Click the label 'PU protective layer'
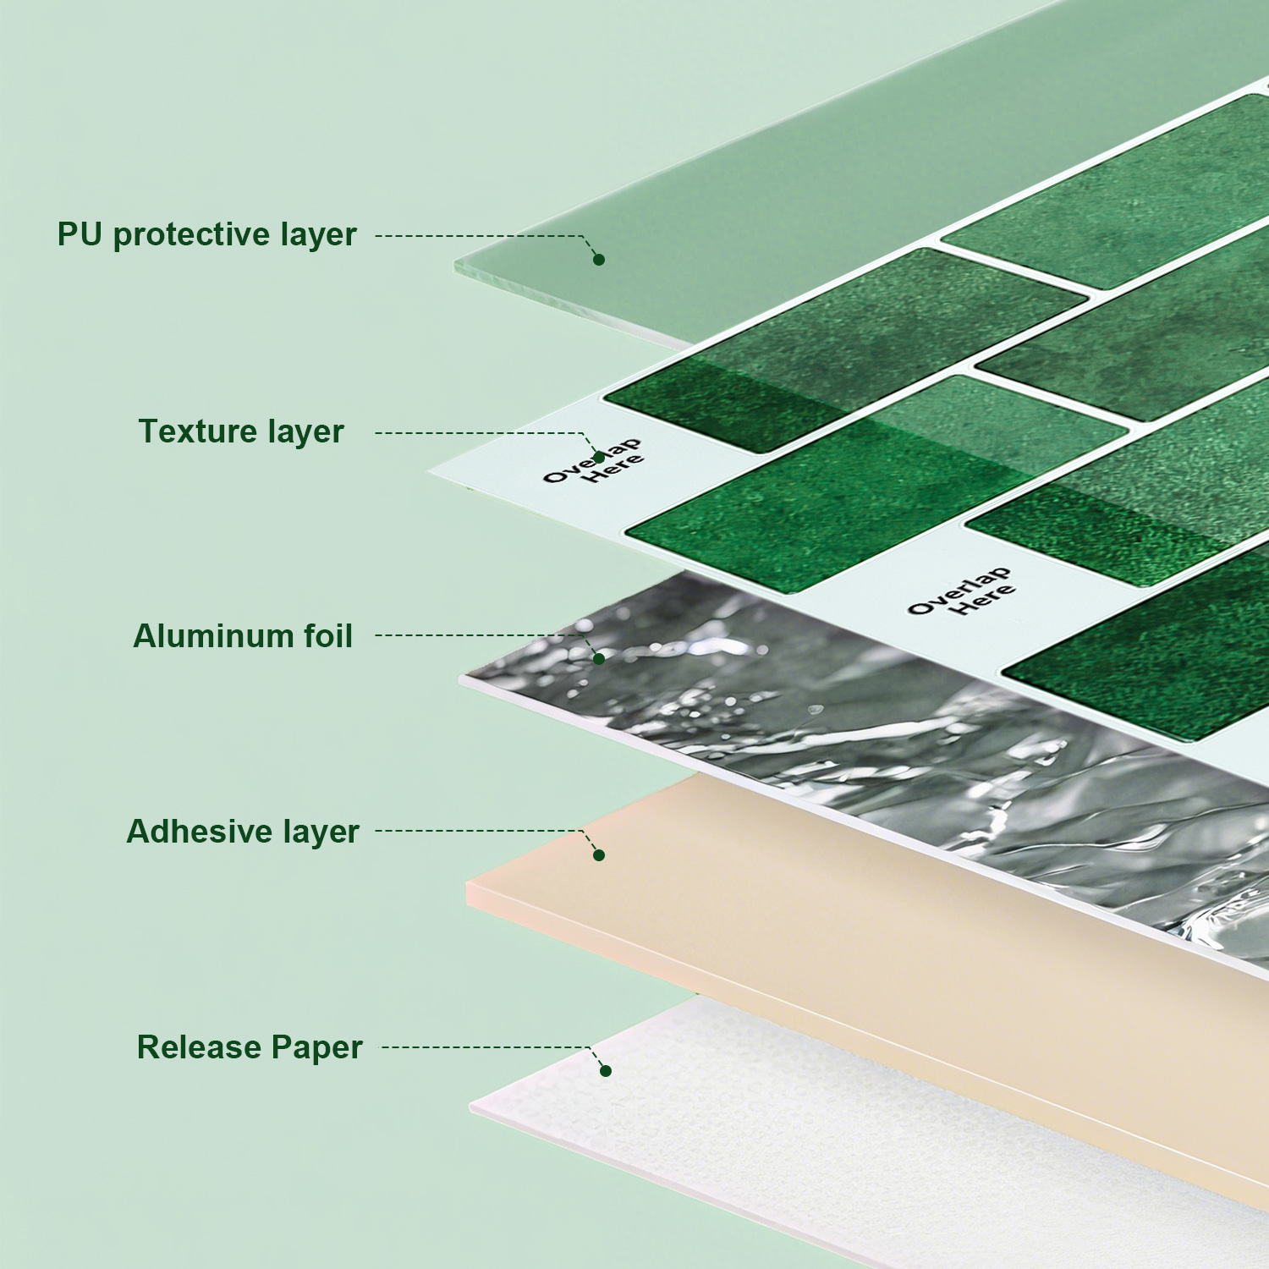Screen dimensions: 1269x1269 point(207,235)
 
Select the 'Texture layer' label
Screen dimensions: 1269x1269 point(241,431)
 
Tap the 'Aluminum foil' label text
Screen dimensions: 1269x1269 point(243,636)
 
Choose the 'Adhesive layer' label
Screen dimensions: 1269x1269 point(243,832)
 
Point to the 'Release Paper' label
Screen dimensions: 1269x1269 point(250,1047)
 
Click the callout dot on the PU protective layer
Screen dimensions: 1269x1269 point(599,260)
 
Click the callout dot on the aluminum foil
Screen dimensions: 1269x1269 point(599,659)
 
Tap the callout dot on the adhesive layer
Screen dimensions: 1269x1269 point(599,855)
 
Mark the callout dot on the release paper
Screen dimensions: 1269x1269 point(606,1071)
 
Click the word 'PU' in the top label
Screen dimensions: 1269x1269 point(80,234)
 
